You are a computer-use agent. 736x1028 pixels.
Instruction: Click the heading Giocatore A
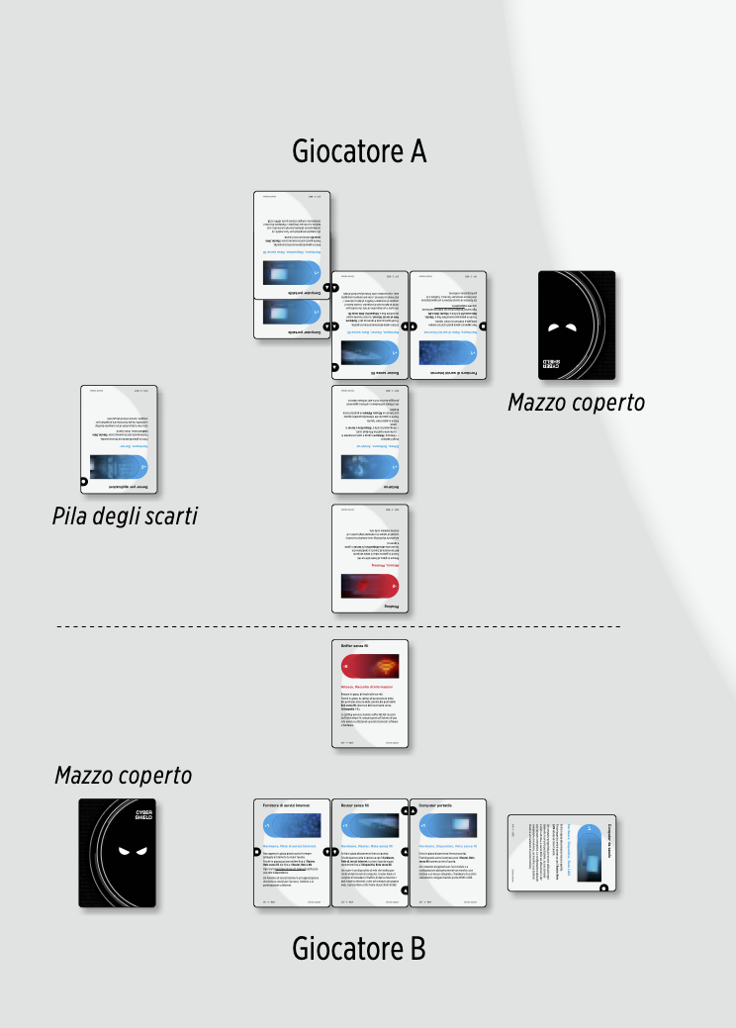pos(359,151)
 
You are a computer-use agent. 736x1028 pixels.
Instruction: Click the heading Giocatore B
pos(359,949)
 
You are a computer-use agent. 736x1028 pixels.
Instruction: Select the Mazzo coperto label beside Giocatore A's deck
pos(576,403)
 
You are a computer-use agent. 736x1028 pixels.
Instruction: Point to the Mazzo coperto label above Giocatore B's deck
pos(123,776)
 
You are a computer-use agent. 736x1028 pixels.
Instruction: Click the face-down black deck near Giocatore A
pos(576,326)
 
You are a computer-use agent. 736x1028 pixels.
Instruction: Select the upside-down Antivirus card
pos(369,439)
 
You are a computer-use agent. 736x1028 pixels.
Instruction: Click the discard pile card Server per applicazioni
pos(119,439)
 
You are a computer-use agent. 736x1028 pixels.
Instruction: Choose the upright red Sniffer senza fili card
pos(369,694)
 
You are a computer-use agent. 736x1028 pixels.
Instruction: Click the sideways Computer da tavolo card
pos(561,852)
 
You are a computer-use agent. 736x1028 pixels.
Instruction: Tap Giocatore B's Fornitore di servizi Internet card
pos(291,853)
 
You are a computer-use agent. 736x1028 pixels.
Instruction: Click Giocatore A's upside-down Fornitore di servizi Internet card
pos(448,326)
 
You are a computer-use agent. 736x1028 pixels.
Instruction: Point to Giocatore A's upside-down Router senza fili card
pos(369,326)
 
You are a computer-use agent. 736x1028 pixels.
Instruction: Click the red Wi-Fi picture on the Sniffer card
pos(369,666)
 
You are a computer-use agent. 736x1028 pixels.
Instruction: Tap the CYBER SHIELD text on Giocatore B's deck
pos(144,815)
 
